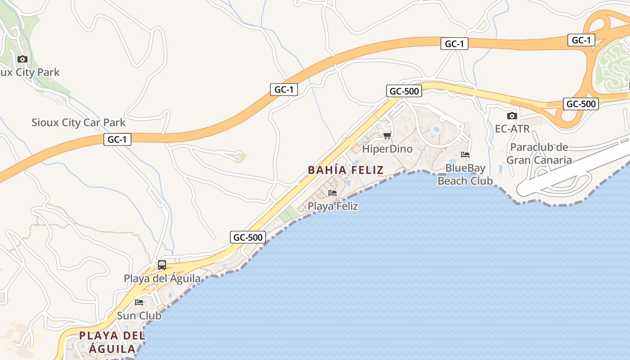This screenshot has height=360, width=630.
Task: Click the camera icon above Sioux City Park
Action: pyautogui.click(x=22, y=59)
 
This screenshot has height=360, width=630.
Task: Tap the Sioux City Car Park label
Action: pyautogui.click(x=78, y=122)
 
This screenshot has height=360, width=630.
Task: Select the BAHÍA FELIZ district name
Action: pyautogui.click(x=346, y=170)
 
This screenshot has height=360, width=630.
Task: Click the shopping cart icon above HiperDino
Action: pyautogui.click(x=387, y=135)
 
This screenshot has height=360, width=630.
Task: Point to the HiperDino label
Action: pyautogui.click(x=387, y=148)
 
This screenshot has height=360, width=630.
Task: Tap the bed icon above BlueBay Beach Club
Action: pyautogui.click(x=465, y=155)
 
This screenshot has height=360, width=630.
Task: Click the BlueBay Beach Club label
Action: pyautogui.click(x=465, y=175)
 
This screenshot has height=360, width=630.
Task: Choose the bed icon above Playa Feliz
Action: pyautogui.click(x=333, y=193)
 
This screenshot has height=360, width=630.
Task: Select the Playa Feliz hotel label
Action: pyautogui.click(x=333, y=206)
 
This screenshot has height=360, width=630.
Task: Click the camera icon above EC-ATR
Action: pyautogui.click(x=512, y=116)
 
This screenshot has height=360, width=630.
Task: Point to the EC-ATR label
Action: pyautogui.click(x=512, y=129)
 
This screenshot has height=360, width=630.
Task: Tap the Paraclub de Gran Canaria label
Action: pyautogui.click(x=539, y=153)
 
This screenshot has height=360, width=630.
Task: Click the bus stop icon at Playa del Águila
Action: pyautogui.click(x=162, y=265)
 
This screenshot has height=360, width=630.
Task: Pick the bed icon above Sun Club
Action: pyautogui.click(x=139, y=302)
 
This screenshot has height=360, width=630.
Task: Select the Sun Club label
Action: pyautogui.click(x=139, y=315)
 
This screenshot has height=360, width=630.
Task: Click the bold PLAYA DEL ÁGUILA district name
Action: pyautogui.click(x=112, y=342)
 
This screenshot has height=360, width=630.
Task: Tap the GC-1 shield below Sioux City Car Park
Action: pyautogui.click(x=117, y=139)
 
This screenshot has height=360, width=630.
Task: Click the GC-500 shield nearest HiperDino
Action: pyautogui.click(x=404, y=91)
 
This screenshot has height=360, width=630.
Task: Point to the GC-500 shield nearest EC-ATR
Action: pyautogui.click(x=580, y=104)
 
